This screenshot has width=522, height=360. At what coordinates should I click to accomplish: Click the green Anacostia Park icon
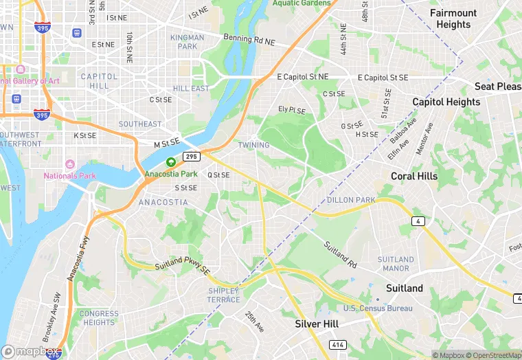pyautogui.click(x=170, y=162)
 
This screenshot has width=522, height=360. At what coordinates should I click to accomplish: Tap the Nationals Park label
pyautogui.click(x=70, y=175)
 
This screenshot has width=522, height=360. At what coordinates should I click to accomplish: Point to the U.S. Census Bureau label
pyautogui.click(x=378, y=308)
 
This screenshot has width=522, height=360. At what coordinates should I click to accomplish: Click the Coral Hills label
pyautogui.click(x=414, y=176)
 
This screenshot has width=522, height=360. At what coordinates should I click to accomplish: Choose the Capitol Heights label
pyautogui.click(x=446, y=102)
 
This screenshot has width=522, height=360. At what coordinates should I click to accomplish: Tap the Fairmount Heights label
pyautogui.click(x=453, y=19)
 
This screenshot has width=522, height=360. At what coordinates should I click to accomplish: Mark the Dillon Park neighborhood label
pyautogui.click(x=351, y=200)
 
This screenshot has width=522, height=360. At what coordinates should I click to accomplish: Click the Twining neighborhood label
pyautogui.click(x=253, y=145)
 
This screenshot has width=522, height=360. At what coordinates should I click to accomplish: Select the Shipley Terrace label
pyautogui.click(x=224, y=295)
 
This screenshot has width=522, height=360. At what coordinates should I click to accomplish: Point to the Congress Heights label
pyautogui.click(x=99, y=318)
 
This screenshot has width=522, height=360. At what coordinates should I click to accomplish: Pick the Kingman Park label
pyautogui.click(x=188, y=42)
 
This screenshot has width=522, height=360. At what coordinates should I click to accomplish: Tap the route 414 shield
pyautogui.click(x=337, y=344)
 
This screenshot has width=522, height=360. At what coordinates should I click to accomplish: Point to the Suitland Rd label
pyautogui.click(x=341, y=254)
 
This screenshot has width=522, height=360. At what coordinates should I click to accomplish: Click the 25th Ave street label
pyautogui.click(x=255, y=321)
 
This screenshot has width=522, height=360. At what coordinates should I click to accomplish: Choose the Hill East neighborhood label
pyautogui.click(x=191, y=89)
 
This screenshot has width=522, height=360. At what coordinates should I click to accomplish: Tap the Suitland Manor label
pyautogui.click(x=396, y=264)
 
